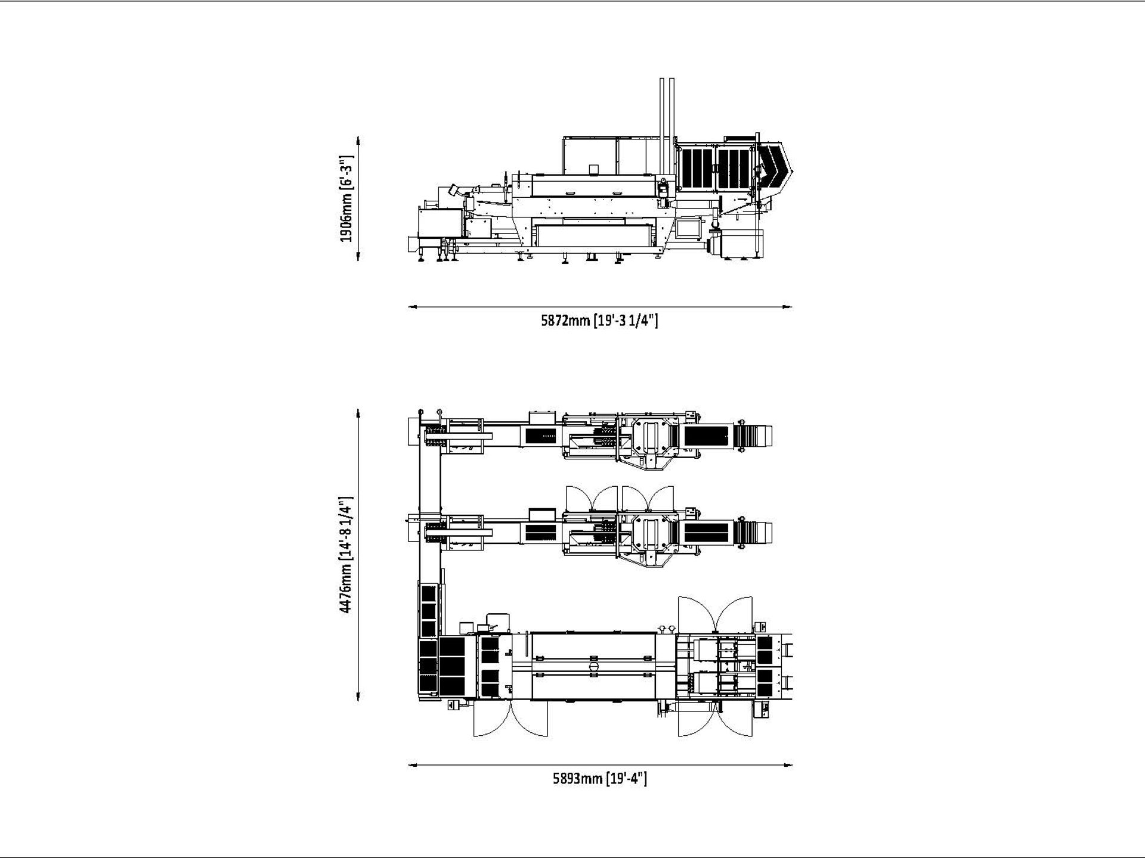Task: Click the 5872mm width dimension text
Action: tap(599, 321)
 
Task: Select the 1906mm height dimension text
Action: tap(346, 199)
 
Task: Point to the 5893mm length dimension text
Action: tap(599, 778)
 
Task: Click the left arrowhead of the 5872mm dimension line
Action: tap(412, 307)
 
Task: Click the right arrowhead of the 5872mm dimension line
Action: tap(788, 307)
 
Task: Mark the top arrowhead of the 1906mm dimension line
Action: tap(358, 141)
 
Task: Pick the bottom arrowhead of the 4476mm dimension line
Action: tap(358, 698)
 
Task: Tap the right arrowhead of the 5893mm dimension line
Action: tap(788, 765)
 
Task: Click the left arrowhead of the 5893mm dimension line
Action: tap(412, 765)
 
